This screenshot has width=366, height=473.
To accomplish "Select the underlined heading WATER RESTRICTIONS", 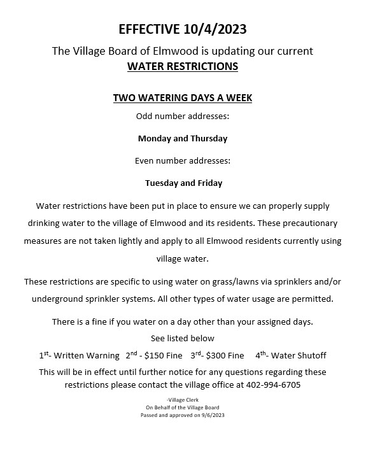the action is (183, 66).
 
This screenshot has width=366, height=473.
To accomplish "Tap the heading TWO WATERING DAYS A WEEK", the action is (183, 98).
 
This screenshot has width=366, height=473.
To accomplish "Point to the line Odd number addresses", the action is (183, 116).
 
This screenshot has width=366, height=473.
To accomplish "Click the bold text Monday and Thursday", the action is (183, 138).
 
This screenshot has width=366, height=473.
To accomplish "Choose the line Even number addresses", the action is (183, 160).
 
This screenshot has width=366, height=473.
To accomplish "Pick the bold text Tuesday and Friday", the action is (183, 183).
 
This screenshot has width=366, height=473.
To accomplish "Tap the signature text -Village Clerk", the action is (183, 399).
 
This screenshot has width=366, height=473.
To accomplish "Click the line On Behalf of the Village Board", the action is (183, 407).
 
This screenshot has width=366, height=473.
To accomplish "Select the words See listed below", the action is (183, 338).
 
